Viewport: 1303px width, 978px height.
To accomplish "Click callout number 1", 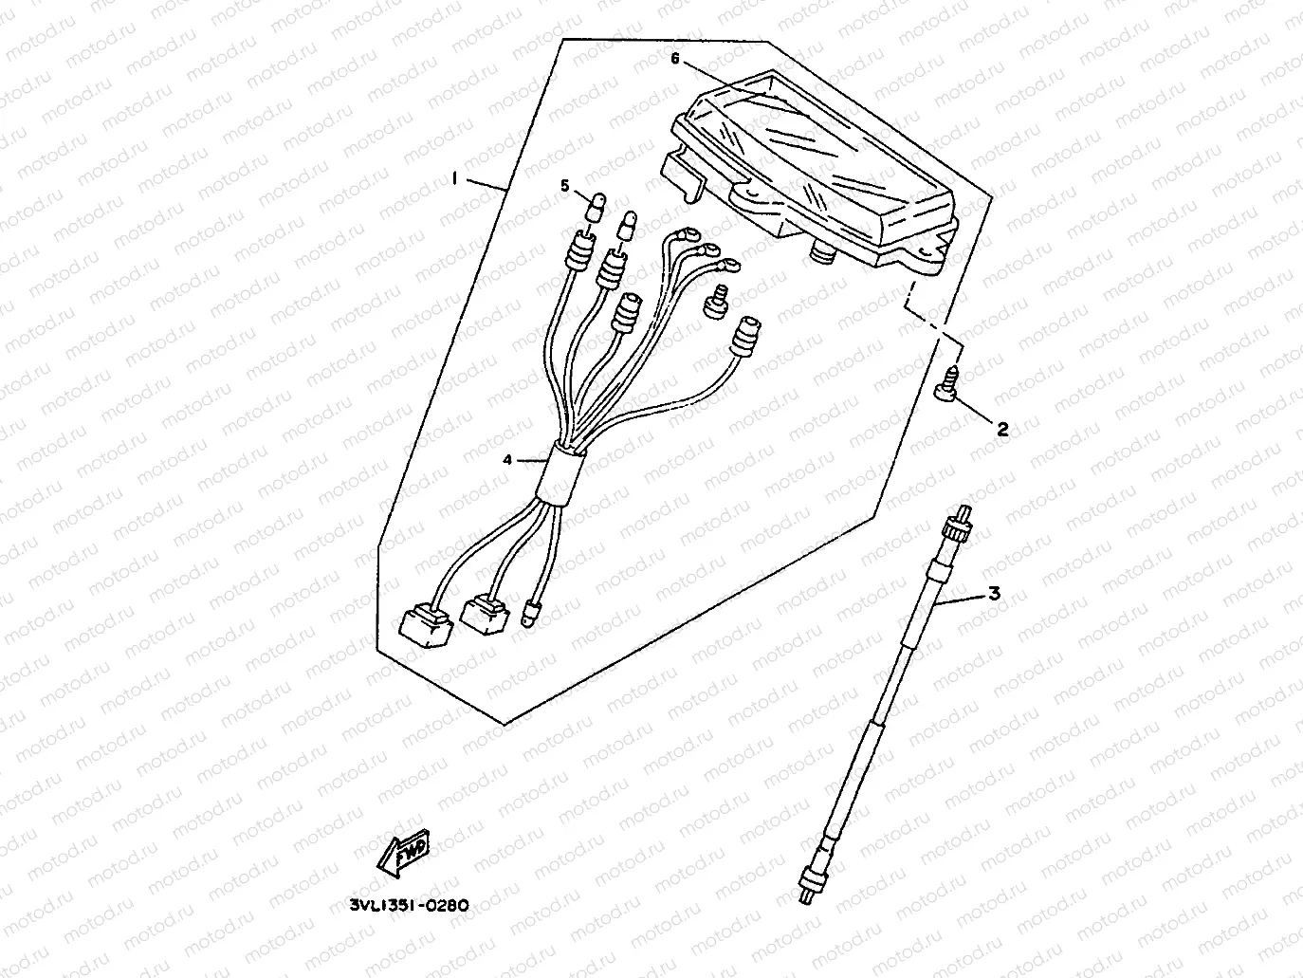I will point(456,177).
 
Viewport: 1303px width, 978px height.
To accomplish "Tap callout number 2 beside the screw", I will point(1001,429).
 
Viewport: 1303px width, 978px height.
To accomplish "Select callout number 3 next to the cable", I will point(994,595).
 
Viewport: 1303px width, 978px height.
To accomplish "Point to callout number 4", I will point(508,460).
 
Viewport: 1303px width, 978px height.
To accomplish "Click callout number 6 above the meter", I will point(675,59).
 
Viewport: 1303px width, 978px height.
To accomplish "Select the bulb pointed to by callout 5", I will point(598,203).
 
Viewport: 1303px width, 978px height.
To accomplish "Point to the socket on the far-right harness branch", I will point(747,337).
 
